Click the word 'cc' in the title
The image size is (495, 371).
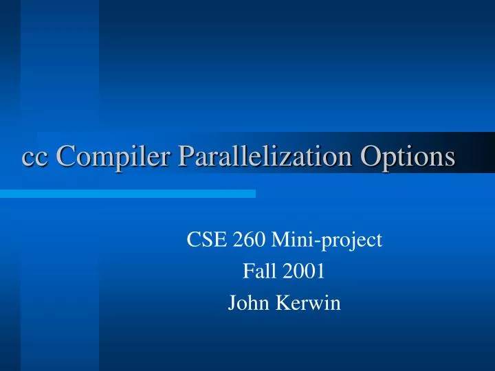point(36,157)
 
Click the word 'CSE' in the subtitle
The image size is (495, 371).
point(203,240)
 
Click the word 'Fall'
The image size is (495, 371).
point(256,271)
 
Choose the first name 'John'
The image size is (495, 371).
point(245,303)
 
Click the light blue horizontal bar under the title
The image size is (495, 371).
point(127,194)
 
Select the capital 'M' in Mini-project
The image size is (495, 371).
point(280,240)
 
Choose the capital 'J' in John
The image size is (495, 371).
point(232,303)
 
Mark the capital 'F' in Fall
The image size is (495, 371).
point(247,271)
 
